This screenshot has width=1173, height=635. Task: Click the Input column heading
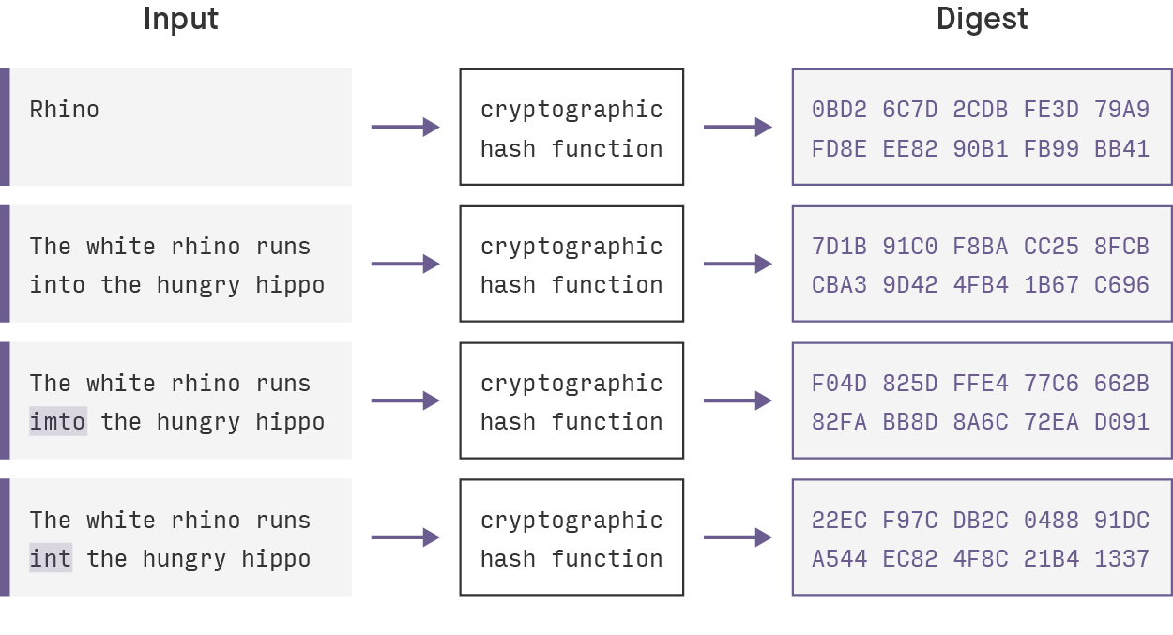coord(181,20)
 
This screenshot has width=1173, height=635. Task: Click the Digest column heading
coord(982,20)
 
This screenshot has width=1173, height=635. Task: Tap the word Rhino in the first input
coord(65,110)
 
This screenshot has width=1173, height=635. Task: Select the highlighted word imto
coord(57,422)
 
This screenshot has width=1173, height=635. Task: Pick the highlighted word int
coord(51,559)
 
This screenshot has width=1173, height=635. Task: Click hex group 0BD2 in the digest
coord(840,110)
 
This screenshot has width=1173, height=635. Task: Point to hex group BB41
coord(1121,149)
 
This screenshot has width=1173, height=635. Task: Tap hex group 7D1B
coord(840,247)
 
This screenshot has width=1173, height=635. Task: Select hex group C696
coord(1121,285)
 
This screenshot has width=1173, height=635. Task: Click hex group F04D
coord(840,384)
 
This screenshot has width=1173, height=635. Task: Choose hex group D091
coord(1121,422)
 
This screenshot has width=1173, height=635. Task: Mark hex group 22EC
coord(840,521)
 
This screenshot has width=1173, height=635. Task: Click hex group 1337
coord(1121,559)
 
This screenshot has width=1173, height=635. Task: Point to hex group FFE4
coord(981,384)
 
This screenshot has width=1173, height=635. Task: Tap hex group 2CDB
coord(981,110)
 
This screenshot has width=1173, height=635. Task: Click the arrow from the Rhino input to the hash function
coord(405,127)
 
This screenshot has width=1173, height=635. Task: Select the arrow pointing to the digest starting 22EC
coord(738,537)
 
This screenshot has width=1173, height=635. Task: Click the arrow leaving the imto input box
coord(405,401)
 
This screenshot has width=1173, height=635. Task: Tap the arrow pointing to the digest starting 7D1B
coord(738,264)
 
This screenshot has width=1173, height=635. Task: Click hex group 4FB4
coord(981,285)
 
